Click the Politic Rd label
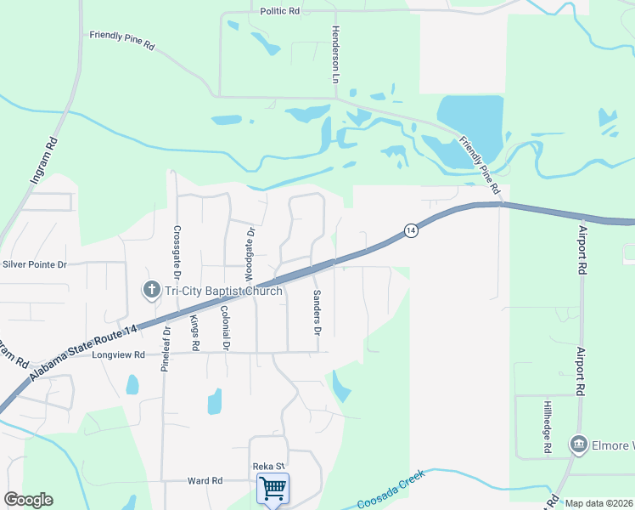[280, 11]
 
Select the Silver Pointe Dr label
[34, 264]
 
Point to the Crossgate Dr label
[177, 252]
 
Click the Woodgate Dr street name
[250, 254]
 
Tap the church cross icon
[152, 291]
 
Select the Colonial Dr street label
[225, 329]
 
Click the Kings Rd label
[194, 332]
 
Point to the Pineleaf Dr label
[166, 348]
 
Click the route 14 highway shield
[410, 231]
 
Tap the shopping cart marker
[273, 489]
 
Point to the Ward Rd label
[205, 481]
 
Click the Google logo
[28, 500]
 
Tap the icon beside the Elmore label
[579, 445]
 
